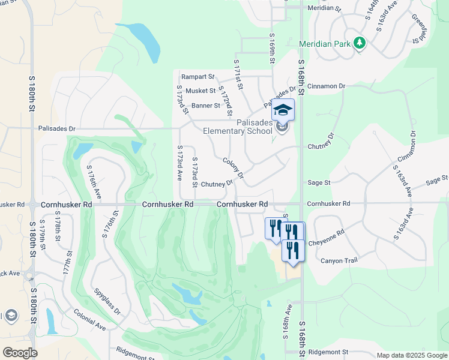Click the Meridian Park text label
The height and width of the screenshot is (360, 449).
[x=324, y=44]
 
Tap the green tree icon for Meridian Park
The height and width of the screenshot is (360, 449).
[x=360, y=43]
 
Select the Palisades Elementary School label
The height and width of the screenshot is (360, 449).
[x=237, y=127]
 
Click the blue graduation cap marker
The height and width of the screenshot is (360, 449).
[x=283, y=110]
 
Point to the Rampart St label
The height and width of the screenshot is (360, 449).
[x=198, y=77]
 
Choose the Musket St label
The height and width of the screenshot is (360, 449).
[x=200, y=91]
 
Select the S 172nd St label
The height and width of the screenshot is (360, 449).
[x=225, y=101]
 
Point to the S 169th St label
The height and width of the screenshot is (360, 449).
[x=272, y=49]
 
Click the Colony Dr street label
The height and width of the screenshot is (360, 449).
[x=234, y=168]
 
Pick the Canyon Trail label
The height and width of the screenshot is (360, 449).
[x=338, y=260]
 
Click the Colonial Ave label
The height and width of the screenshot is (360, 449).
[x=90, y=319]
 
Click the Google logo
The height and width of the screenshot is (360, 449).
[x=20, y=353]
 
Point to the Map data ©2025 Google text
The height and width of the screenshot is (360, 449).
[x=411, y=355]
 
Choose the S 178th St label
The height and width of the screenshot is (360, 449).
[x=58, y=230]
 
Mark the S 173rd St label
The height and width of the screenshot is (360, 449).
[x=194, y=172]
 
